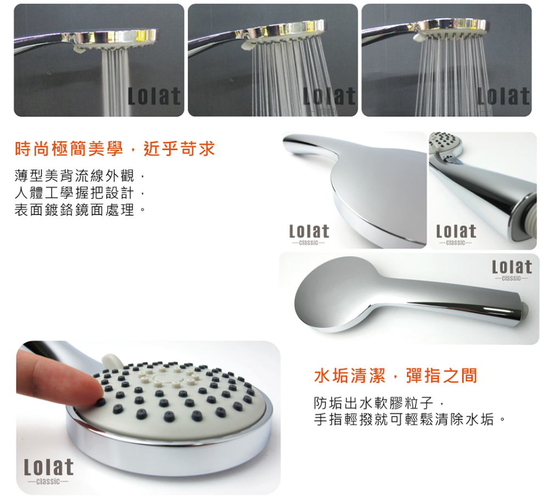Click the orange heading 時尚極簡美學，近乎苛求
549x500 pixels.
click(115, 149)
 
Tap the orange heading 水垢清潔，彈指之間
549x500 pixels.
click(396, 376)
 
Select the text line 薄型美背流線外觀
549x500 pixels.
click(74, 176)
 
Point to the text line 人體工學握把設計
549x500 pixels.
click(74, 193)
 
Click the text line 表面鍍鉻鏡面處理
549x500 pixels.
click(74, 210)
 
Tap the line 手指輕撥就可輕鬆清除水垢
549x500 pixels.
click(404, 419)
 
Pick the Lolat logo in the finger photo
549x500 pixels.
click(49, 471)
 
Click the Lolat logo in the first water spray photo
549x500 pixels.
click(154, 96)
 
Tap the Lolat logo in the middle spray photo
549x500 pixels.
click(329, 96)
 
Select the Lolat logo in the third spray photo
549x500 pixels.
click(503, 96)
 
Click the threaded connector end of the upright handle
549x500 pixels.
click(527, 217)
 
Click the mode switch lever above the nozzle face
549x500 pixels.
click(110, 360)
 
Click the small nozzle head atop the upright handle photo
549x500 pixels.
click(445, 144)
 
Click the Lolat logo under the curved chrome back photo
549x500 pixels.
click(309, 234)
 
